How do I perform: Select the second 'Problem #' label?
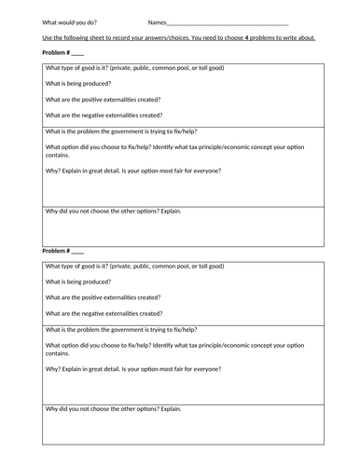pyautogui.click(x=62, y=252)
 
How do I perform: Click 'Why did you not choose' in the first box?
pyautogui.click(x=113, y=211)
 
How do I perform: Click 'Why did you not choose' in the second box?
pyautogui.click(x=113, y=408)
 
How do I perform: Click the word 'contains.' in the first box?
pyautogui.click(x=58, y=157)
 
